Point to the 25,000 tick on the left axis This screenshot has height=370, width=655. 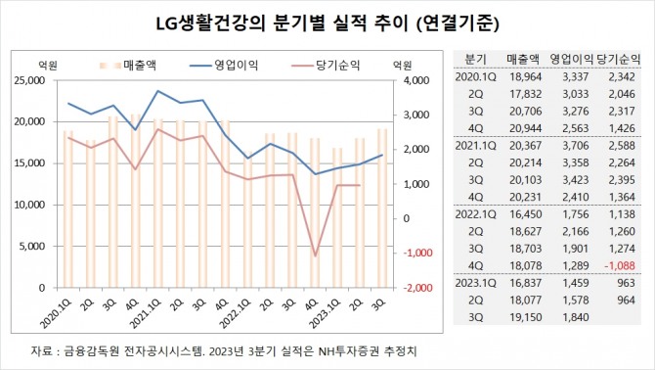[x=38, y=81]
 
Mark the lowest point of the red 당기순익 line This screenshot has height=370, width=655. [x=316, y=255]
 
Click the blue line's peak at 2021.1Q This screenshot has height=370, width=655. [x=158, y=91]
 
